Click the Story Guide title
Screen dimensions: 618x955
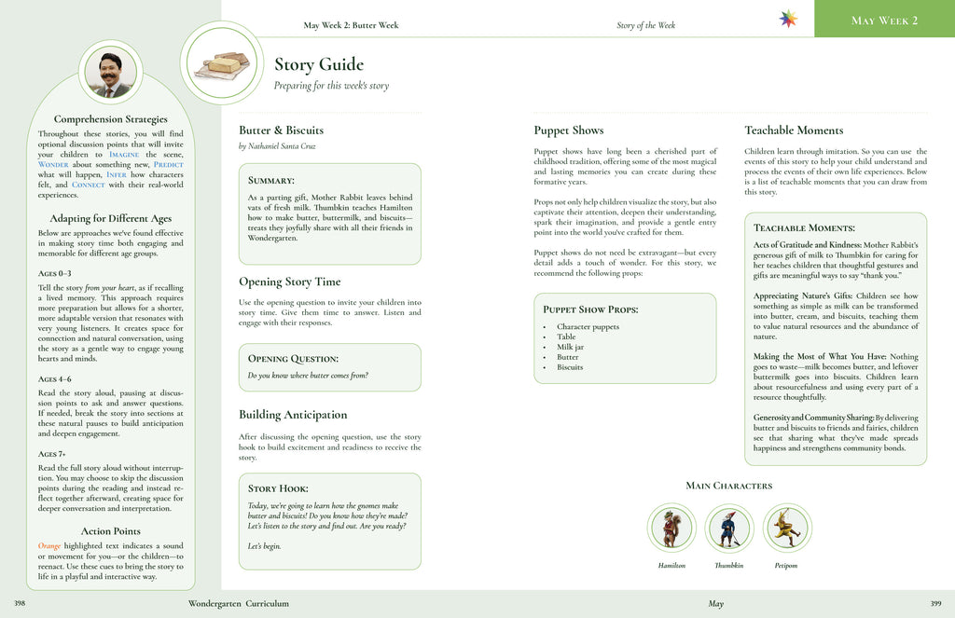pyautogui.click(x=318, y=64)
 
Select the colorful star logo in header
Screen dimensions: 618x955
pyautogui.click(x=788, y=20)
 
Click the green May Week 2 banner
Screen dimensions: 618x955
pyautogui.click(x=884, y=20)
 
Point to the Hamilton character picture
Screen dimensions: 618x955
pyautogui.click(x=671, y=529)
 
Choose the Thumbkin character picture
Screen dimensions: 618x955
pyautogui.click(x=728, y=529)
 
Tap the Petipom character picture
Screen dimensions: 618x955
pyautogui.click(x=787, y=529)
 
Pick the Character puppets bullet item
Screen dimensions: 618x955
pyautogui.click(x=588, y=327)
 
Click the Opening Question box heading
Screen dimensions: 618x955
pyautogui.click(x=292, y=359)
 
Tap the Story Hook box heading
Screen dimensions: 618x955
pyautogui.click(x=278, y=488)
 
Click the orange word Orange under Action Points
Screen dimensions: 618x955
pyautogui.click(x=49, y=545)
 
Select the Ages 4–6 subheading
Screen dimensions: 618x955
pyautogui.click(x=55, y=379)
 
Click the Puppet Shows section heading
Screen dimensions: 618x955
pyautogui.click(x=568, y=130)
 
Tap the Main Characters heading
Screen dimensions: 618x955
pyautogui.click(x=728, y=486)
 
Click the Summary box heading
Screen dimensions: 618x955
pyautogui.click(x=271, y=180)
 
